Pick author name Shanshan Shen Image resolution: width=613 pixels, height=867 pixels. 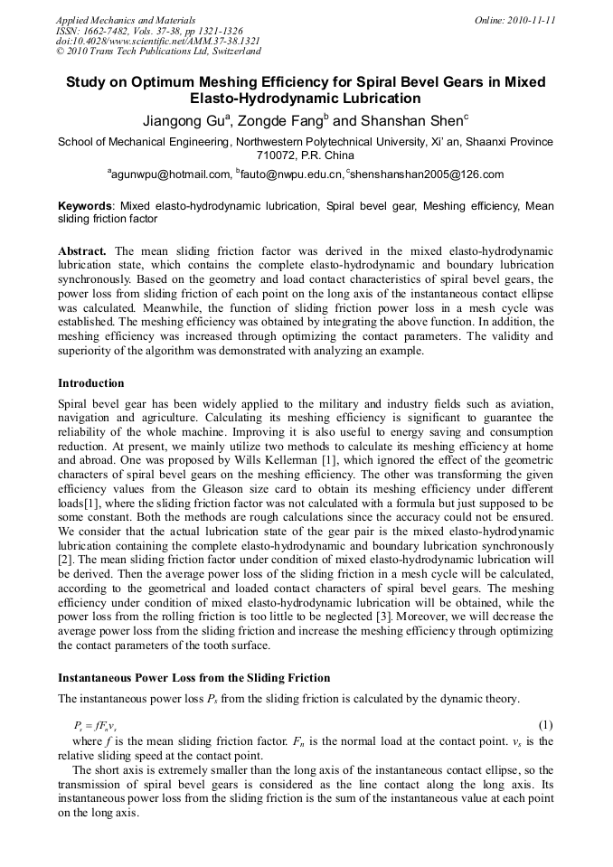click(x=408, y=120)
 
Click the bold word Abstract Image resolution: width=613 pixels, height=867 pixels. click(x=82, y=250)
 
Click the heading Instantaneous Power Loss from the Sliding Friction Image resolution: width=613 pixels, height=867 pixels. click(x=193, y=678)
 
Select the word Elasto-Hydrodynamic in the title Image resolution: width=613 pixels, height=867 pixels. click(x=258, y=99)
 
